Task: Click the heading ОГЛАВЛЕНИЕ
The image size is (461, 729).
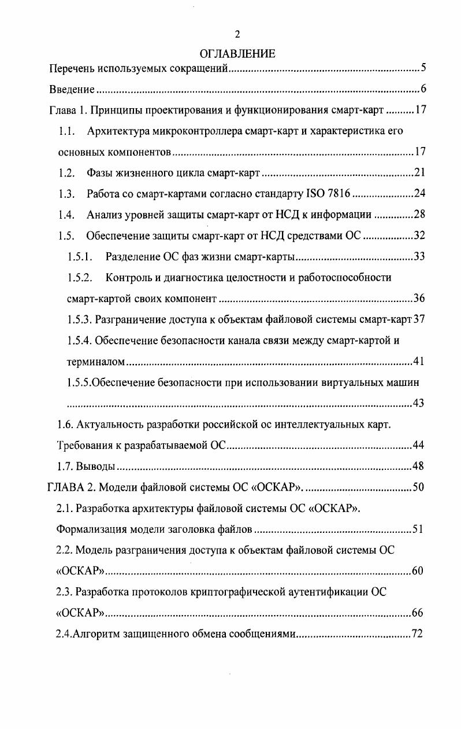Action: point(237,54)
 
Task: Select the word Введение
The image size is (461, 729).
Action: point(71,89)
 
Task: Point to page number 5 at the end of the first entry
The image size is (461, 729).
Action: point(423,69)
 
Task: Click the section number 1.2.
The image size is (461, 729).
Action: point(67,173)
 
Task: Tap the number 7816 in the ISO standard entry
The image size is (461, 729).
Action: point(338,194)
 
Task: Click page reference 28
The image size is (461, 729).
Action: point(419,215)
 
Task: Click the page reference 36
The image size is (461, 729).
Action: point(419,299)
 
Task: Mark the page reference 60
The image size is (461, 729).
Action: point(418,571)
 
